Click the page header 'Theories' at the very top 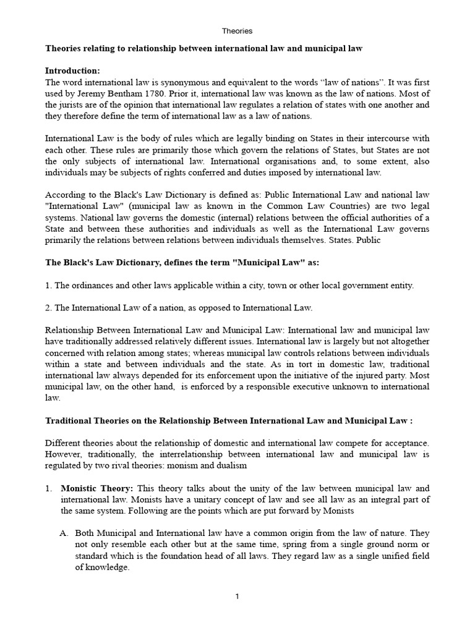[x=237, y=31]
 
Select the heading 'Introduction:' [x=73, y=70]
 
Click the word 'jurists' [x=72, y=105]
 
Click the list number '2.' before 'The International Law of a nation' [x=49, y=307]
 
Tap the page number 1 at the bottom [x=237, y=597]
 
